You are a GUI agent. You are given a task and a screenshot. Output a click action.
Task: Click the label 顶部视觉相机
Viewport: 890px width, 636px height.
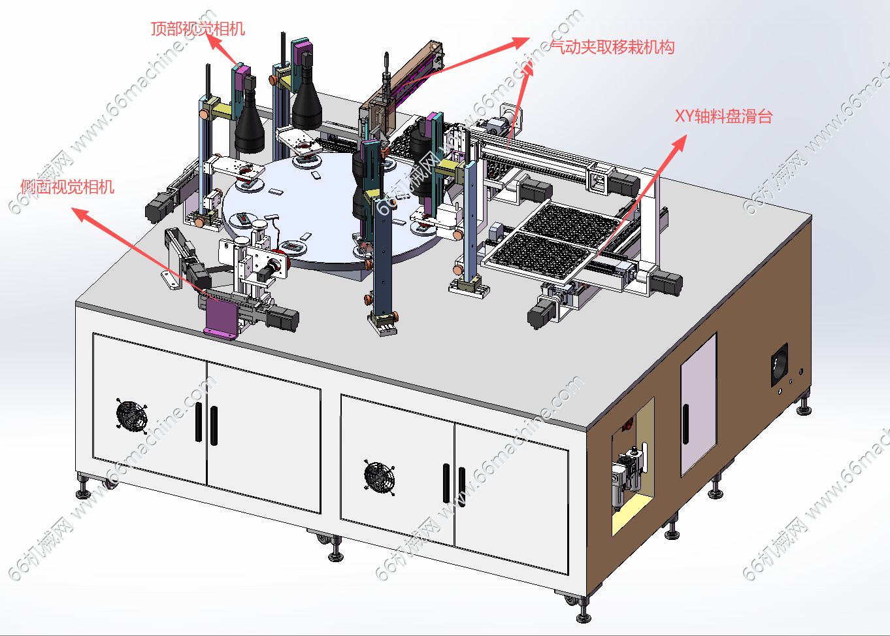pos(197,29)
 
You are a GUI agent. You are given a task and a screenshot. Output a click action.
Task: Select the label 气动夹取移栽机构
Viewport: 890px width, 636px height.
pos(612,47)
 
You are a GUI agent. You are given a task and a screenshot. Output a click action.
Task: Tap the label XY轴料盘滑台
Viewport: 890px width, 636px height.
pos(723,116)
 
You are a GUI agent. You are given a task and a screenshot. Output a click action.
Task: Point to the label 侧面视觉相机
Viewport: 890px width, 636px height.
pos(67,187)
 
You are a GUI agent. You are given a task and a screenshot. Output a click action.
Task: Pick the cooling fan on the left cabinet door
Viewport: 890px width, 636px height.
pos(131,415)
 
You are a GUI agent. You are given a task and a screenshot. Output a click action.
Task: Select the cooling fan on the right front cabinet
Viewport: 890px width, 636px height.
pos(380,477)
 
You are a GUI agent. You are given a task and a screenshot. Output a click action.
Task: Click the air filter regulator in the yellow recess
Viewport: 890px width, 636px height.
pos(628,477)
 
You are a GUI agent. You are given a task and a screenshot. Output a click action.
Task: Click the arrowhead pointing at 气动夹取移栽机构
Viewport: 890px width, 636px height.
pos(521,42)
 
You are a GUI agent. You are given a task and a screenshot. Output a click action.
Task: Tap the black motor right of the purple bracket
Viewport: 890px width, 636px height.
pos(282,318)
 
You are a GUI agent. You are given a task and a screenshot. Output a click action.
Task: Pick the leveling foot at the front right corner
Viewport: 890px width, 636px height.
pos(584,610)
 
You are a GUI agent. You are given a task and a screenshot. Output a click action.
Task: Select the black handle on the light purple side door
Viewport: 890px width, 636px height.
pos(685,424)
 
